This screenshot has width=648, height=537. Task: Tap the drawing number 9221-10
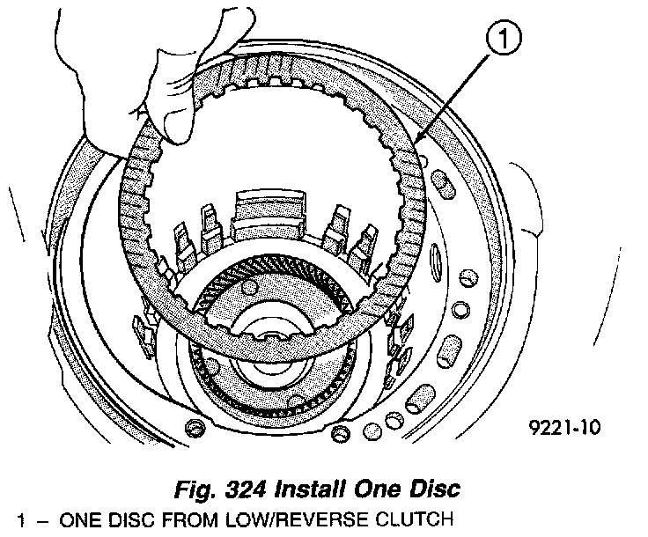click(563, 429)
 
